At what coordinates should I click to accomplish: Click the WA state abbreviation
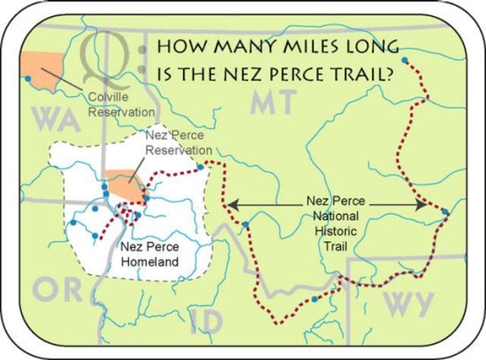54,119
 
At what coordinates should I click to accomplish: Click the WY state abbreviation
407,302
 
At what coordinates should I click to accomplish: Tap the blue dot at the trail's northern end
404,59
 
